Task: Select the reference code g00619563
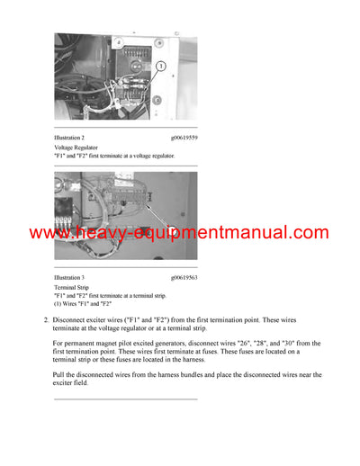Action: tap(184, 277)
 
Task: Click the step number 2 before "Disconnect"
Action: tap(45, 319)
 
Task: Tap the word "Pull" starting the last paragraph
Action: tap(59, 375)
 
